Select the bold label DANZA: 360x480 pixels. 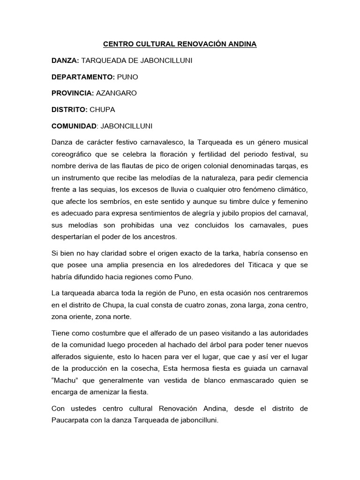(x=66, y=60)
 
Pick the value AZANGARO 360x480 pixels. (x=116, y=93)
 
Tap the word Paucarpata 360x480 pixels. (x=70, y=421)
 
